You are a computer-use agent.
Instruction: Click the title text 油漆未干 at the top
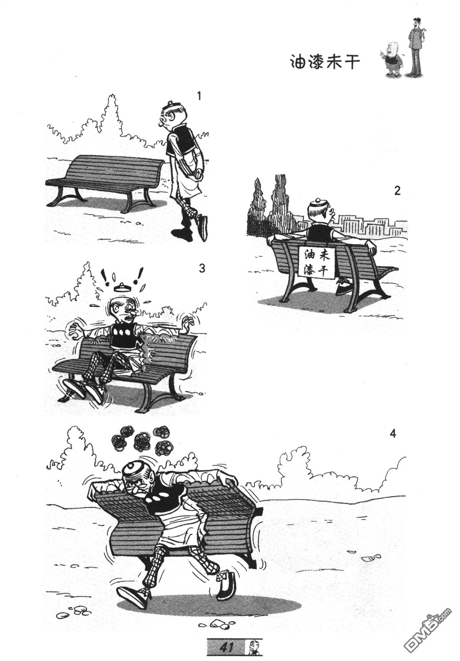point(325,62)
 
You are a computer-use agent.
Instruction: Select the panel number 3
point(202,268)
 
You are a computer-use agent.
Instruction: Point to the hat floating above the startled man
point(122,287)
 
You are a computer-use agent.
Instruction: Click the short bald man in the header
point(393,59)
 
